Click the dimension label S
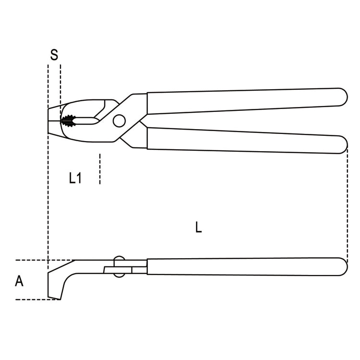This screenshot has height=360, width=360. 54,55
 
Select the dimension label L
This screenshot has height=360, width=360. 199,227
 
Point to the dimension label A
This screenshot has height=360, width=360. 19,281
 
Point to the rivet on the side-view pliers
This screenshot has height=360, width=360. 118,266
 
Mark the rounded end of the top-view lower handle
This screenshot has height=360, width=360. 342,144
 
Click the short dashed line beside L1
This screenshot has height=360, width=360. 99,169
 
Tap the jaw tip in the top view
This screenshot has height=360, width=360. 51,120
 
